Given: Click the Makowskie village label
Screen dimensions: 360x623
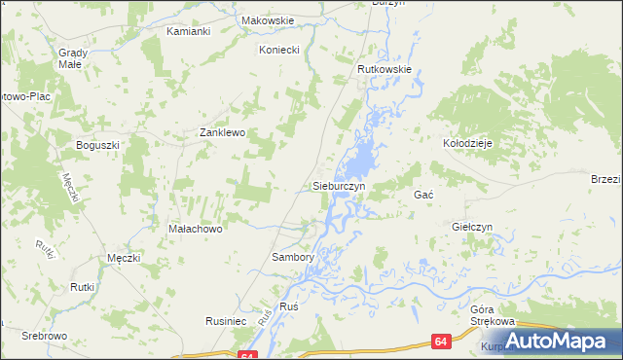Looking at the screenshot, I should [267, 18].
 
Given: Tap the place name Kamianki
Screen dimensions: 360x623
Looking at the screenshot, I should [189, 32].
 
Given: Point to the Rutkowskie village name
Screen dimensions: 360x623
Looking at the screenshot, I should [386, 69].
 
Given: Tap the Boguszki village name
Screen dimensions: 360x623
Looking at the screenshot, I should [97, 145].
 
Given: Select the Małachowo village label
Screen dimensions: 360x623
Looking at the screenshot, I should [197, 229].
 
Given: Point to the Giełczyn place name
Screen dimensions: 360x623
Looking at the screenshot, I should [473, 227].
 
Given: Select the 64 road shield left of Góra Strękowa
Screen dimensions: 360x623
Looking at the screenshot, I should [441, 342].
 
